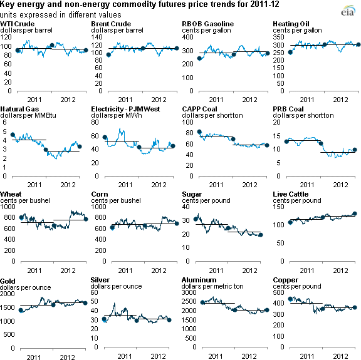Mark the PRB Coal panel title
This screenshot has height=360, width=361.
(287, 109)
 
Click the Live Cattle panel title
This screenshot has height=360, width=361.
(288, 195)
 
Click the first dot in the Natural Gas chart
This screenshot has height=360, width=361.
(13, 135)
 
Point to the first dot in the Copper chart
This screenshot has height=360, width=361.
(290, 299)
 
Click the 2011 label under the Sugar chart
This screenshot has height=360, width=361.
(216, 270)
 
